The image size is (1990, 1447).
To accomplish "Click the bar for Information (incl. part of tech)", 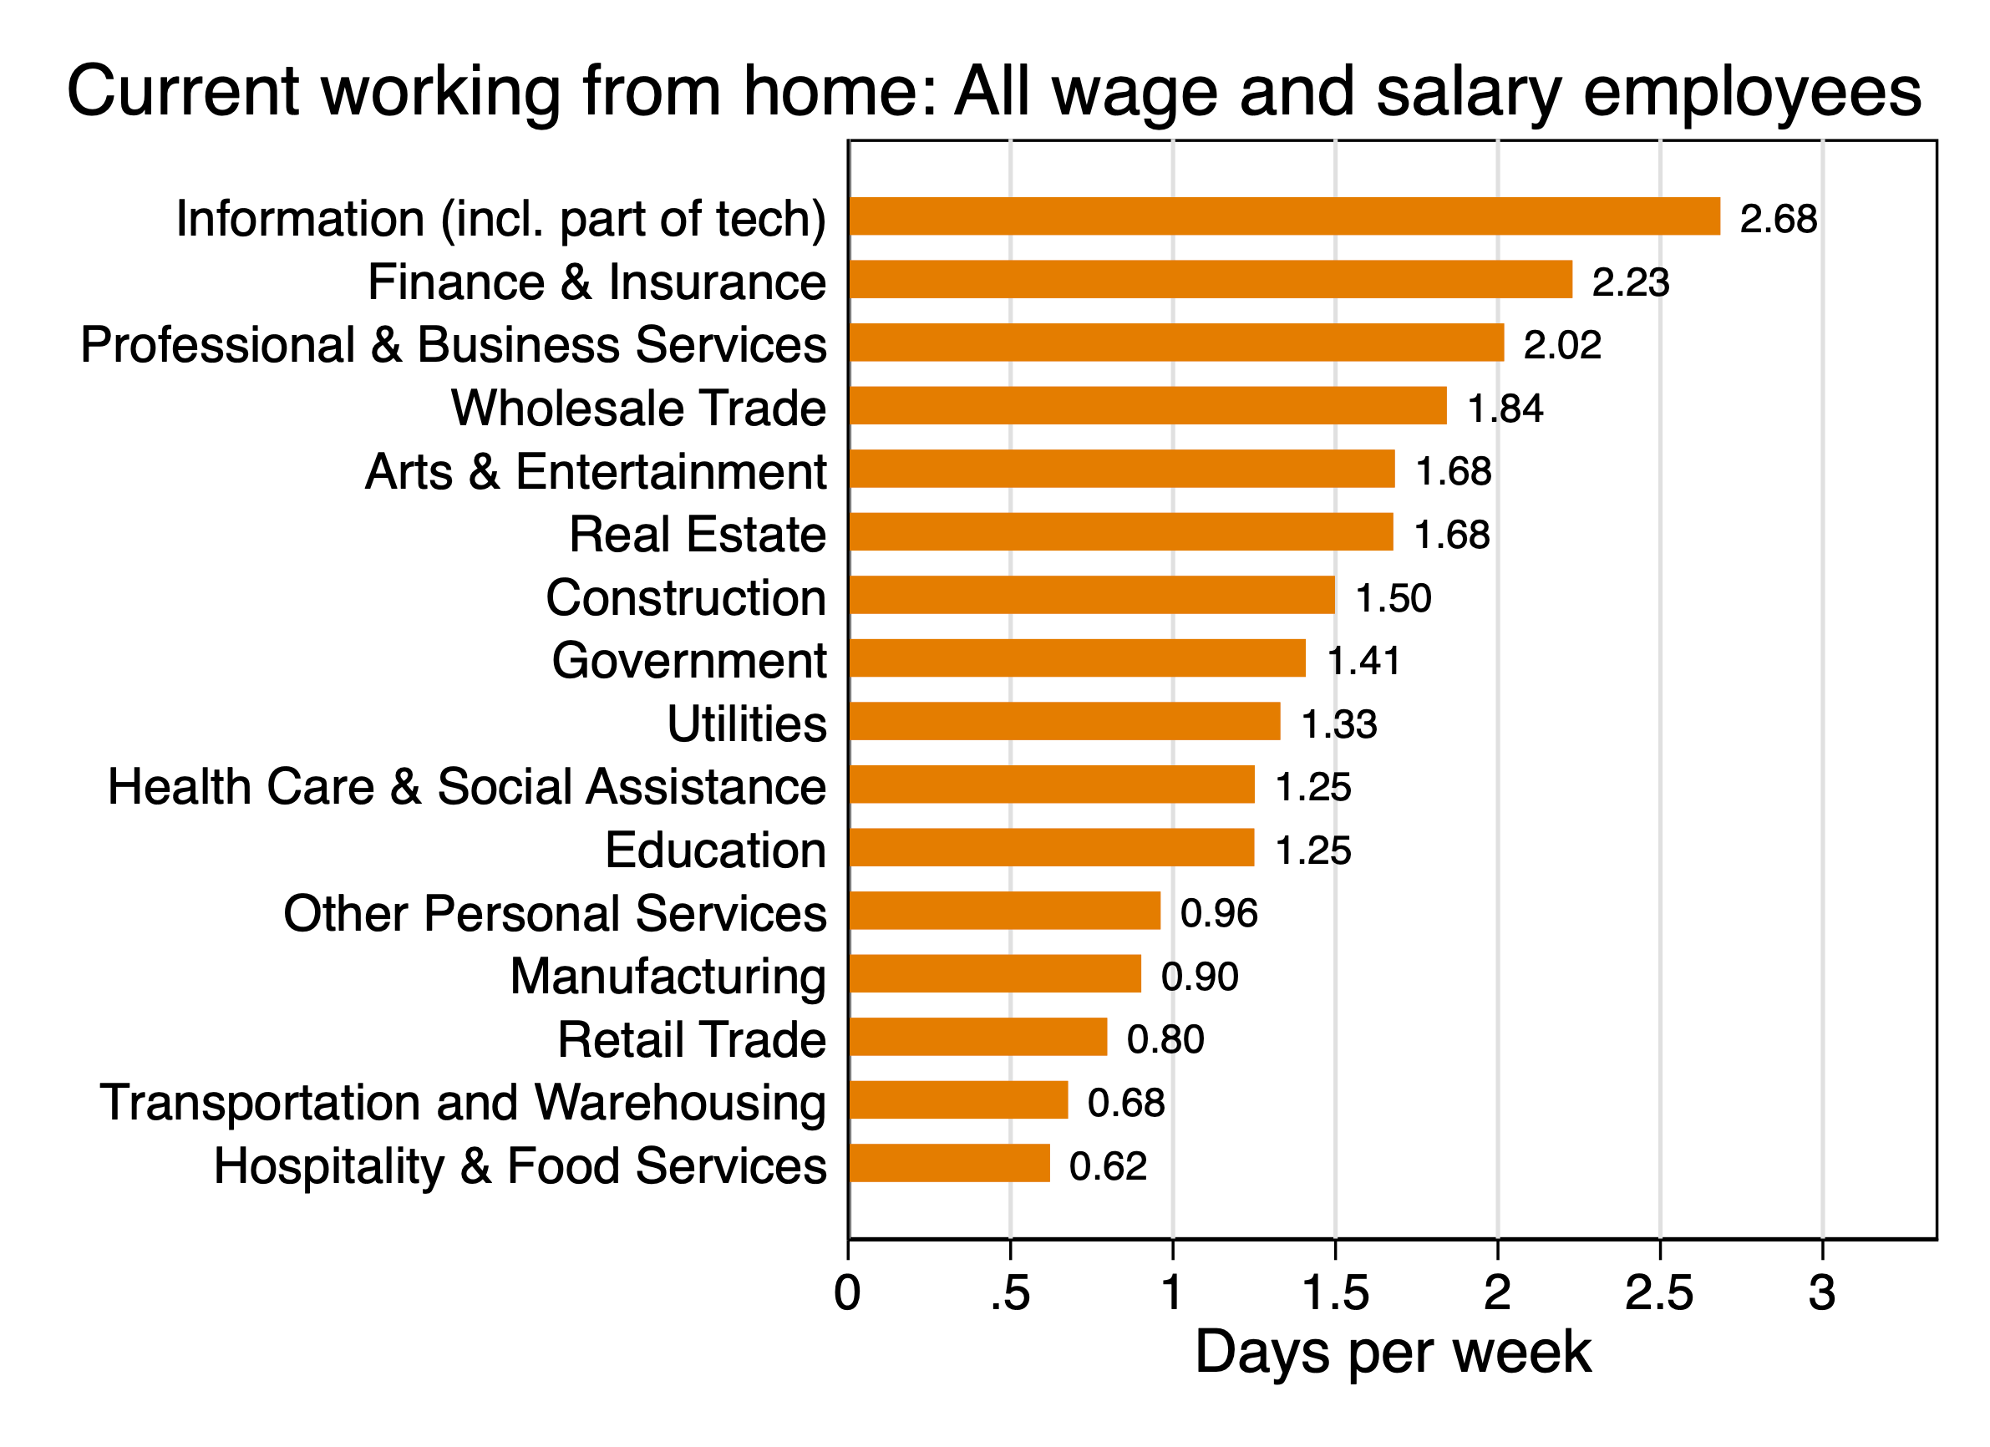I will [1284, 216].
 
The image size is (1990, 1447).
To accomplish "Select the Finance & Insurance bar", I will [1210, 280].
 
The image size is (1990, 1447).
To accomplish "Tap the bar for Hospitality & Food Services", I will [949, 1164].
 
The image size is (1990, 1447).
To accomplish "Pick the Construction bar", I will [1092, 596].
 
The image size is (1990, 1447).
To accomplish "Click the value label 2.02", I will [1561, 345].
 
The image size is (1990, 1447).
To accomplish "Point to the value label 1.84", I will [1505, 409].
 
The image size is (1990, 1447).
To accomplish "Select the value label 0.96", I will [1219, 913].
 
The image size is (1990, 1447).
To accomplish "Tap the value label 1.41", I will [1363, 661].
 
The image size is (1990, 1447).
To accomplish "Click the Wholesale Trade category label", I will [638, 408].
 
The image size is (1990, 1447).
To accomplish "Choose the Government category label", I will [688, 660].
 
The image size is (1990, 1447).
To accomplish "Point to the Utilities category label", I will [746, 724].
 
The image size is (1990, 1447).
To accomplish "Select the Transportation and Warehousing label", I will [462, 1102].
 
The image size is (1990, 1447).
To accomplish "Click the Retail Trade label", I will [692, 1040].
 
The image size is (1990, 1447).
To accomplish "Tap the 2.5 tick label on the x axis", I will [1658, 1293].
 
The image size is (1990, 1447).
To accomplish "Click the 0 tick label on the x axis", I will [848, 1293].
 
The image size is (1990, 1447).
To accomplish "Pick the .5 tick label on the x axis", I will [1009, 1293].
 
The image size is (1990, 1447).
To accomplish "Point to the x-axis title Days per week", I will [1393, 1353].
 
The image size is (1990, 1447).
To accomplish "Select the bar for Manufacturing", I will [995, 974].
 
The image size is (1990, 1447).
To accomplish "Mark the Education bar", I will [1051, 848].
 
